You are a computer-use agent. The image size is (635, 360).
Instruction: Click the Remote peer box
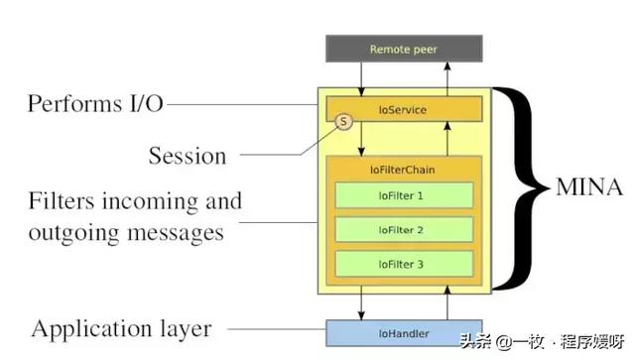(x=403, y=48)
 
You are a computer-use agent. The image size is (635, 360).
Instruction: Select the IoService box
(x=403, y=109)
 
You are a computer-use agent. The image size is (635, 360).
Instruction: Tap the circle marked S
(x=343, y=122)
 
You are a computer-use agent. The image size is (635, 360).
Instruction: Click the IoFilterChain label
(x=403, y=170)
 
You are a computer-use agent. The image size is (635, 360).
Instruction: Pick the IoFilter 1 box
(x=403, y=195)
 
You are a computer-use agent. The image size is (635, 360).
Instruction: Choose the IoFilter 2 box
(x=403, y=229)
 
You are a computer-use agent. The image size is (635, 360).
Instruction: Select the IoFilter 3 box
(x=403, y=263)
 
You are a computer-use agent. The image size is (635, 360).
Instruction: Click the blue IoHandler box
(x=403, y=334)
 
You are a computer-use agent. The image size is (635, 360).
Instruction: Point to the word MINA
(x=588, y=186)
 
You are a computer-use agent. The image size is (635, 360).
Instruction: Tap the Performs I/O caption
(x=95, y=104)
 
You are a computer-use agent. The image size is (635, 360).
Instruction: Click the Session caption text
(x=188, y=156)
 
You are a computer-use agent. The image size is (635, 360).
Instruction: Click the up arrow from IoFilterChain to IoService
(x=448, y=138)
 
